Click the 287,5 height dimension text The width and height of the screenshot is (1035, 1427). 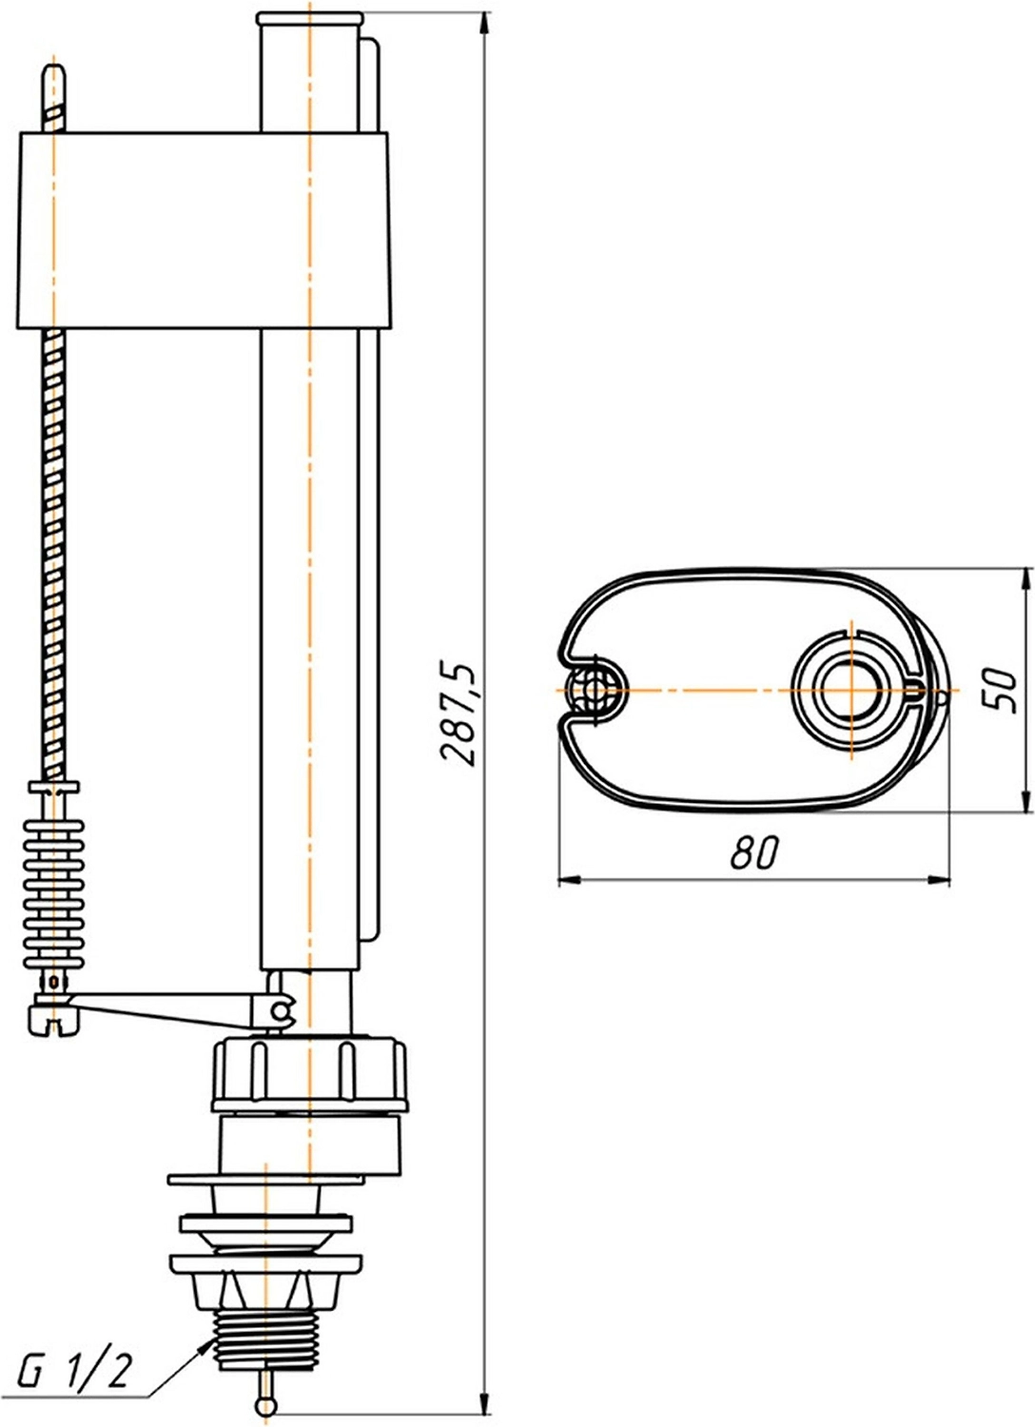[x=459, y=714]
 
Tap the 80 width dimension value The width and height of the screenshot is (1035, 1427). [x=754, y=852]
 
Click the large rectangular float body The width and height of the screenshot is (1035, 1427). [x=204, y=230]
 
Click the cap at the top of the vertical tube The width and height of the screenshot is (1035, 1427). [x=310, y=18]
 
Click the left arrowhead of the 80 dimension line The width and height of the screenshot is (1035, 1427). [x=571, y=881]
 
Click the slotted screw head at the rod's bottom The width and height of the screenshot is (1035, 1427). [x=54, y=1023]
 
